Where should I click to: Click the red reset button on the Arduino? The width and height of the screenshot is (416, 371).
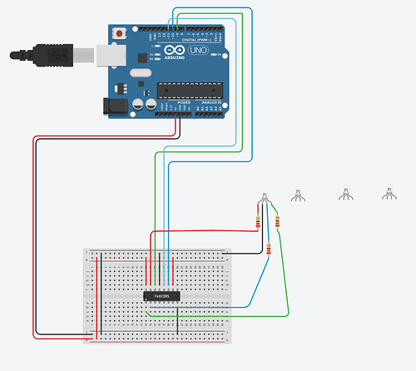click(122, 32)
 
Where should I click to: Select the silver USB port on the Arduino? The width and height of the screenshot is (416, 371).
click(107, 56)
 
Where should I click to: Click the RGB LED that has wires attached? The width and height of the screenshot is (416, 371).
click(265, 198)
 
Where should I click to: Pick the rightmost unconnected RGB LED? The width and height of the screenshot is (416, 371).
click(387, 194)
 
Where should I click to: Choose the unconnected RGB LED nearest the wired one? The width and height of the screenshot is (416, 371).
click(298, 195)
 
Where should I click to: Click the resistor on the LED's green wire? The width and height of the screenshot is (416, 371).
click(276, 222)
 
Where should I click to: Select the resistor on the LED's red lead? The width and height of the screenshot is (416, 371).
click(258, 222)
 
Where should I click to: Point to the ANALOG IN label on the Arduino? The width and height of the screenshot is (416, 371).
click(209, 103)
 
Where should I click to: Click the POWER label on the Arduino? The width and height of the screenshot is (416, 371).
click(172, 103)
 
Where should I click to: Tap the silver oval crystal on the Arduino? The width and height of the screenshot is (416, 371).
click(137, 76)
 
